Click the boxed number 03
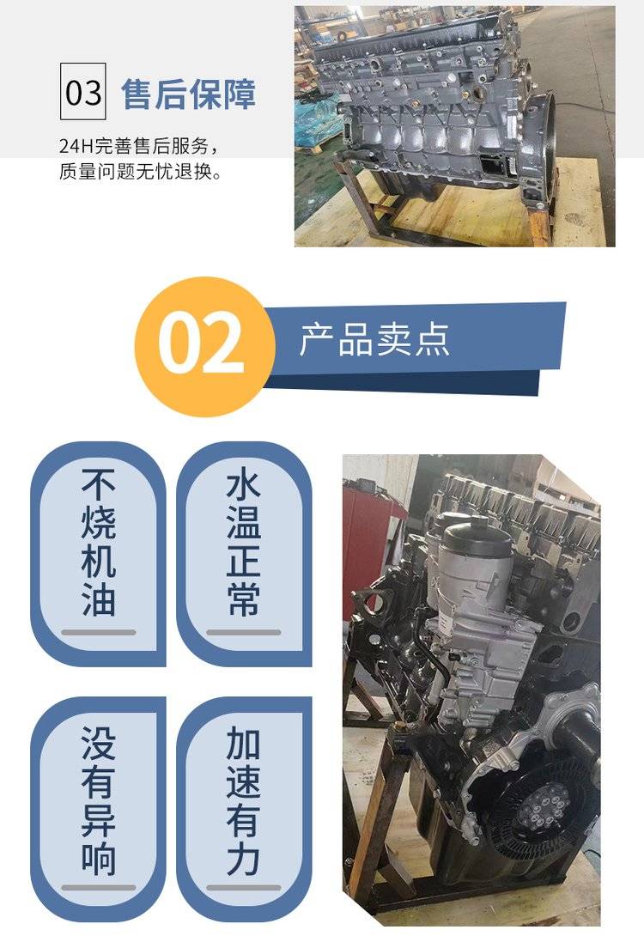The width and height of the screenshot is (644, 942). [83, 91]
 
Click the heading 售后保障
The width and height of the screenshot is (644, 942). [188, 94]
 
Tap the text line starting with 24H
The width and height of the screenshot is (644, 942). [137, 146]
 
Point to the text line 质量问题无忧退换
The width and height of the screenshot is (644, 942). [141, 172]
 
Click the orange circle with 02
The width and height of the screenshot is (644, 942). [202, 347]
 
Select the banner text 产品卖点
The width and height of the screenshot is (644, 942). [374, 339]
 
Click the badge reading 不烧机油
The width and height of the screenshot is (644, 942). [98, 554]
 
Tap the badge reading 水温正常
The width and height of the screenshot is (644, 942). [244, 554]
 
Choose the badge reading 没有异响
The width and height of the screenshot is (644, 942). [98, 809]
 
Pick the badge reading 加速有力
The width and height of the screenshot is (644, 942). [244, 809]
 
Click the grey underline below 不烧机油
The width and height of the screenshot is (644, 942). [99, 632]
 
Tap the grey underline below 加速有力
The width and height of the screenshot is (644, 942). [243, 887]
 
